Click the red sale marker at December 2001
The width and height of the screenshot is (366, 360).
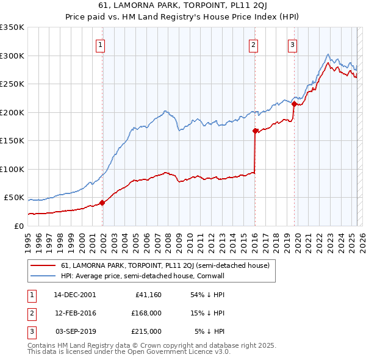[102, 203]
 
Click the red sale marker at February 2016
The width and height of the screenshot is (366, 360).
[254, 130]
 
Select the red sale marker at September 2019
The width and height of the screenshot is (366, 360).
[293, 104]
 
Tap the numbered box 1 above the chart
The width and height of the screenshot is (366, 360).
[99, 44]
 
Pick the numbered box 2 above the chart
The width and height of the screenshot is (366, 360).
[253, 44]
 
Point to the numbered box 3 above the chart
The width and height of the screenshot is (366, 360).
[292, 44]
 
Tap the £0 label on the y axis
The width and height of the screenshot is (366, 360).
[19, 226]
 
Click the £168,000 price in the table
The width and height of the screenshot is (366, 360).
[147, 313]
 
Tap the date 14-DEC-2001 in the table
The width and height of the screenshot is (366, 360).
[74, 295]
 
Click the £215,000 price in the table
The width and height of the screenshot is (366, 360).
[147, 331]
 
